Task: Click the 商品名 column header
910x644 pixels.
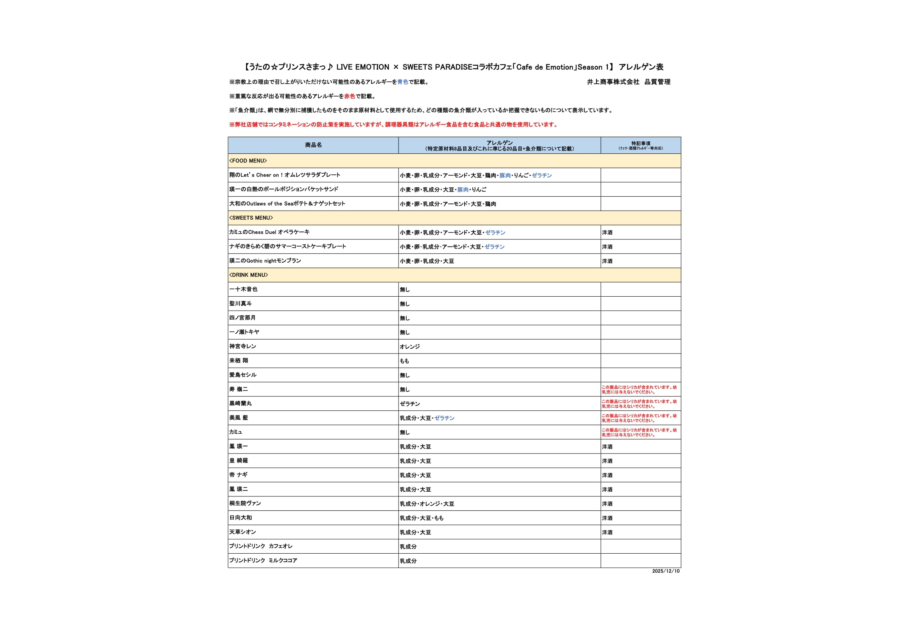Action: pos(313,145)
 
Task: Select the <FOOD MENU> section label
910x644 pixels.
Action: pos(248,160)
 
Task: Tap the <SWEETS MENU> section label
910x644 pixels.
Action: pos(251,218)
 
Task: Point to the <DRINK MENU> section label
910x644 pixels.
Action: pos(248,275)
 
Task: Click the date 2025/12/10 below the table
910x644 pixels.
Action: pos(666,571)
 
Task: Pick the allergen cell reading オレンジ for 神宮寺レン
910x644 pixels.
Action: pos(410,347)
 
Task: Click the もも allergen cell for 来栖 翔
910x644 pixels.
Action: pos(404,361)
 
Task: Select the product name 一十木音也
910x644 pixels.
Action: pos(243,289)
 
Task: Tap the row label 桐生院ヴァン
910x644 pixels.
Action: pos(245,503)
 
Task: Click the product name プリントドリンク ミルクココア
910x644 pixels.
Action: pos(263,560)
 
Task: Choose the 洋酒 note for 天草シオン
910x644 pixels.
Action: pos(607,532)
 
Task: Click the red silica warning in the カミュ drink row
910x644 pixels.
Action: pos(639,432)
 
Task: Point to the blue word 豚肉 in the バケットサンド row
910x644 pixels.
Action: pos(463,190)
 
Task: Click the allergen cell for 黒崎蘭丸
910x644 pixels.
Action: pos(410,404)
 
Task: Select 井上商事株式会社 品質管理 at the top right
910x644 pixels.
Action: pos(629,82)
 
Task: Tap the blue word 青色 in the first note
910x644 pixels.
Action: pos(403,82)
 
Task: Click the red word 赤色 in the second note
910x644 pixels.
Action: pos(350,96)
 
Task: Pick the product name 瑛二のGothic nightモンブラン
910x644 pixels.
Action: pos(265,260)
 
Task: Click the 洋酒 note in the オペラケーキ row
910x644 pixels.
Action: pos(607,232)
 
